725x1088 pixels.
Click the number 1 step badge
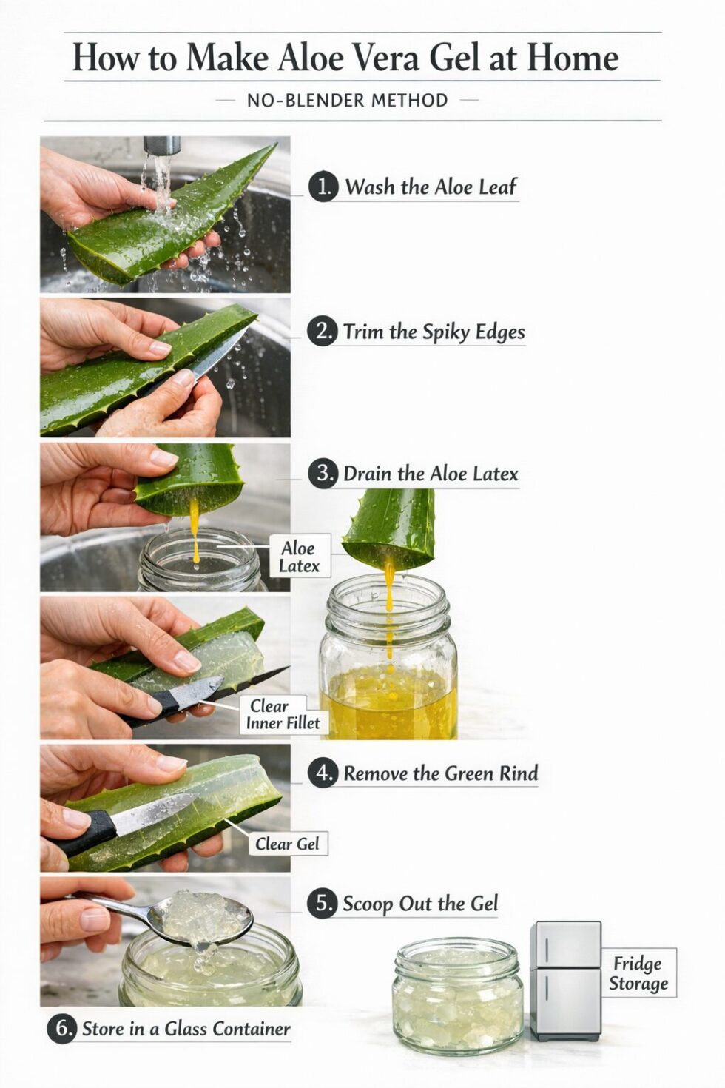(323, 187)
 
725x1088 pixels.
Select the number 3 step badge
(323, 473)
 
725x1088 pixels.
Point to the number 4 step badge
(323, 773)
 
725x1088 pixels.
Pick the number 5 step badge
(322, 904)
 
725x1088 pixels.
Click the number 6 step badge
(62, 1029)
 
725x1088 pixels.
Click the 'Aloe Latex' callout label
(299, 557)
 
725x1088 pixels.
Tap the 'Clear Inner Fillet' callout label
(283, 715)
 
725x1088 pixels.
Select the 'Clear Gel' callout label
(287, 844)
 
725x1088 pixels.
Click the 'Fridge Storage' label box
(638, 973)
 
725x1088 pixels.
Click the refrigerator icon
(566, 981)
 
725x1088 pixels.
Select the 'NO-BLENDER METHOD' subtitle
(347, 101)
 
